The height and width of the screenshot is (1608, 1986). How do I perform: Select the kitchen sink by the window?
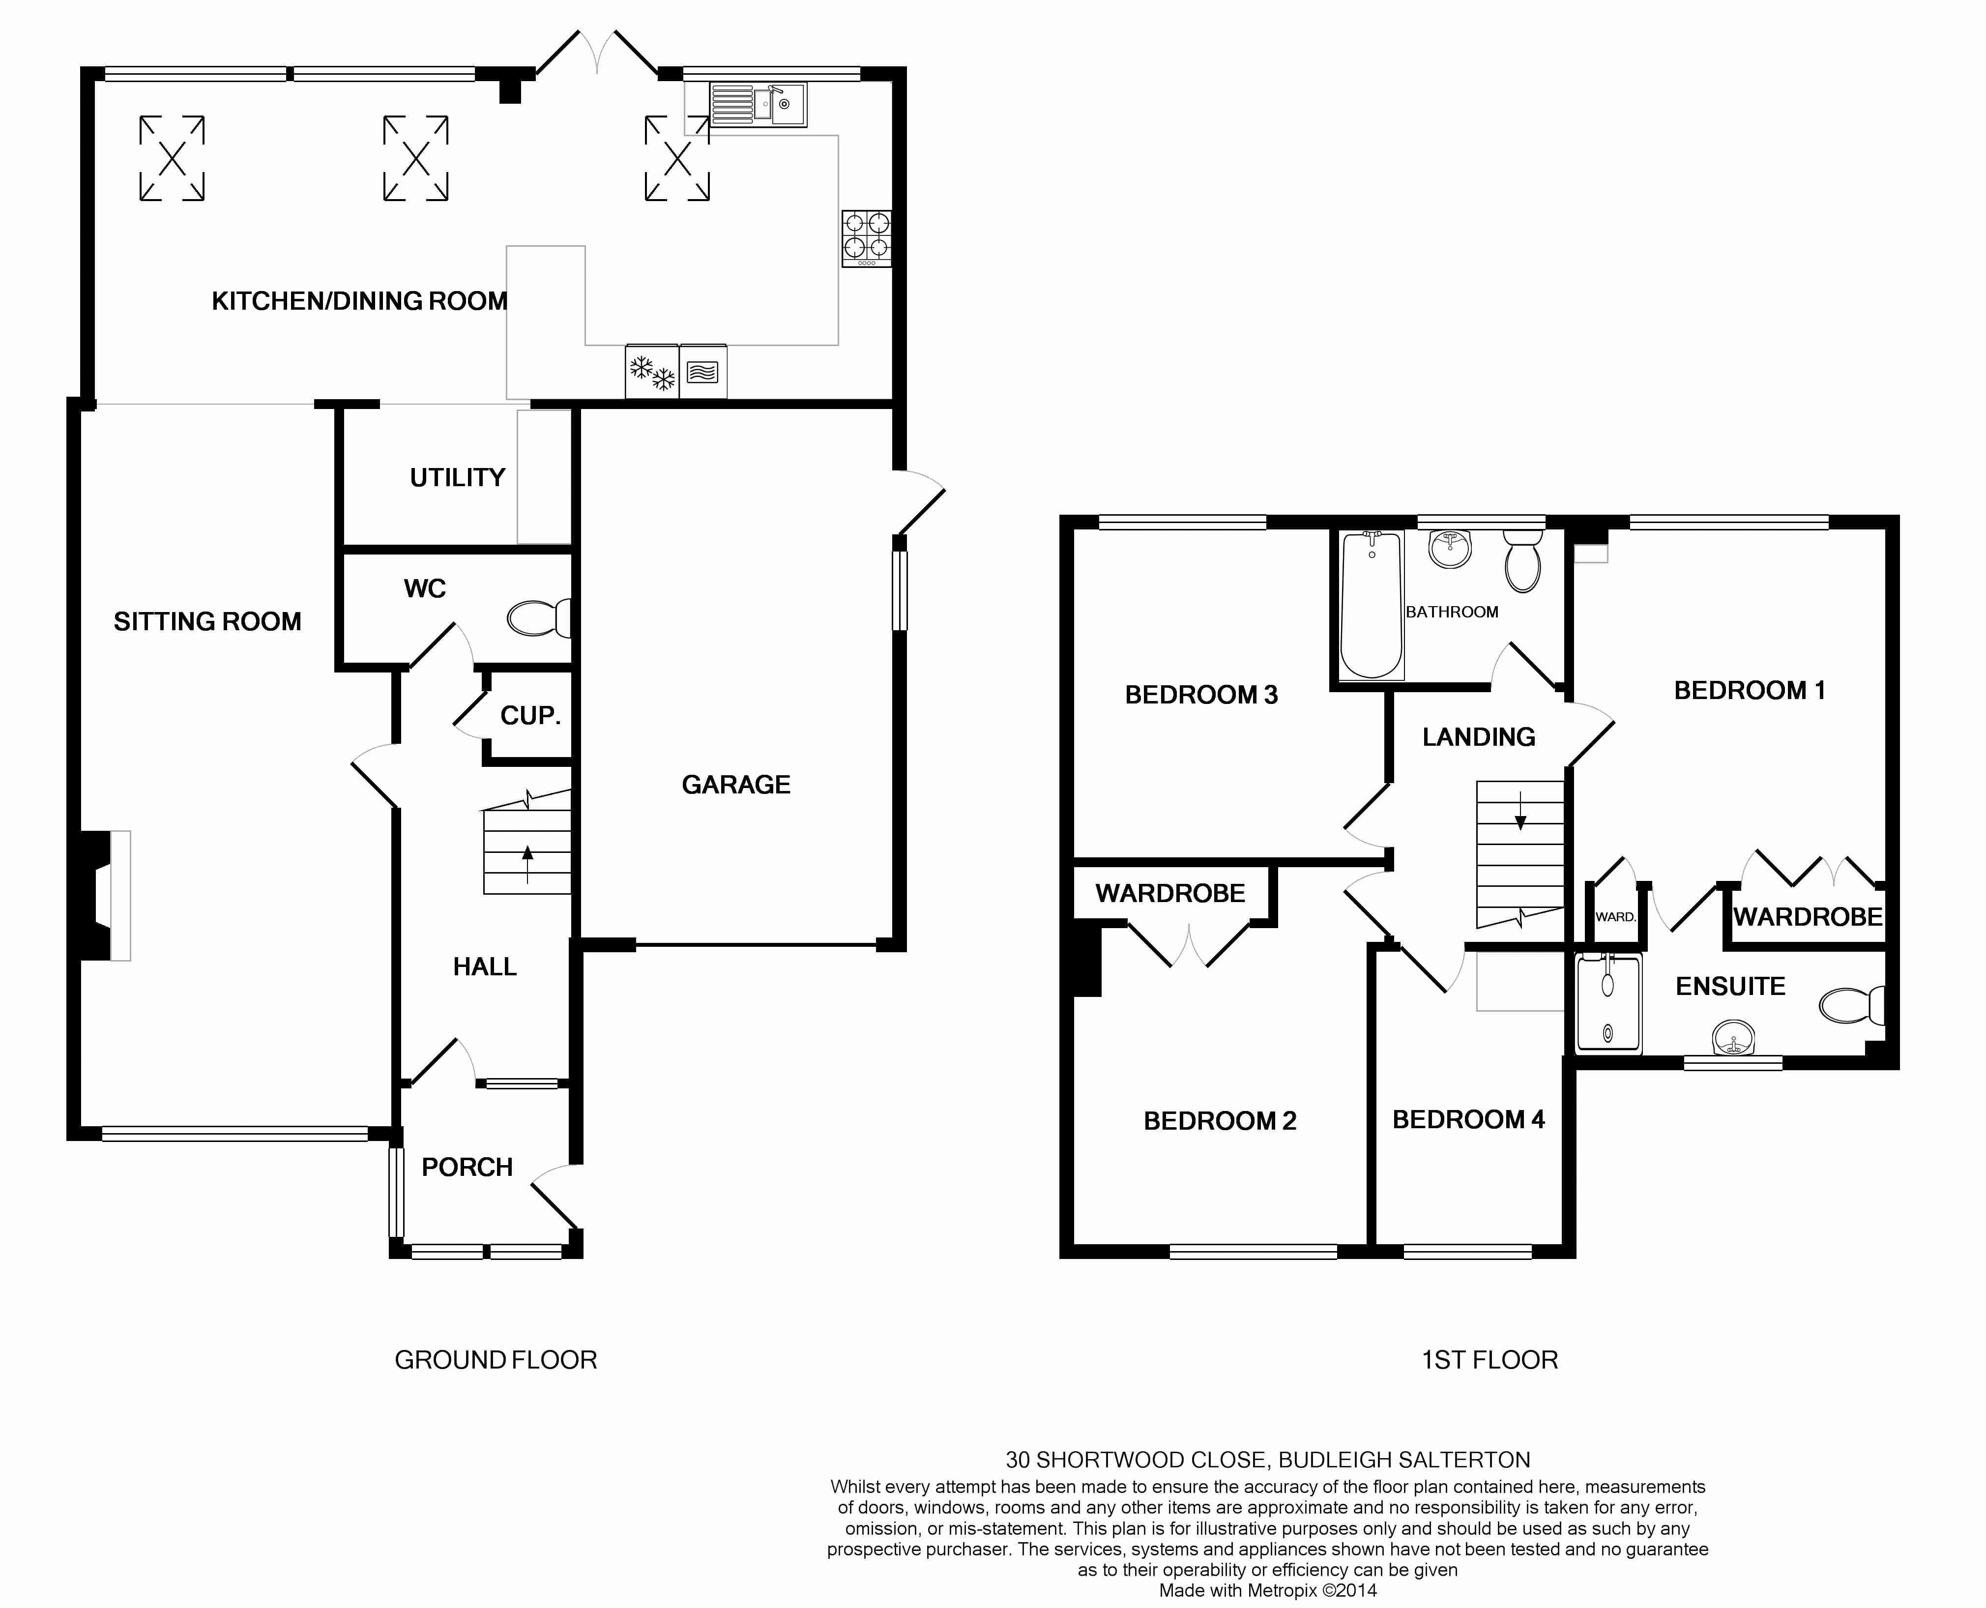pyautogui.click(x=758, y=104)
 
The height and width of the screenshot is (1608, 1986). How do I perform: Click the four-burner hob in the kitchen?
pyautogui.click(x=867, y=239)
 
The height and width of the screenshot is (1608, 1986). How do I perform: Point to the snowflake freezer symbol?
pyautogui.click(x=652, y=372)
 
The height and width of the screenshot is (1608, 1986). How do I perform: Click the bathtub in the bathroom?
pyautogui.click(x=1372, y=605)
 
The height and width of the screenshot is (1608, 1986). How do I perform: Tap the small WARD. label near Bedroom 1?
pyautogui.click(x=1615, y=917)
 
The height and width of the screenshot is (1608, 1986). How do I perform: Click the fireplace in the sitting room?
pyautogui.click(x=101, y=896)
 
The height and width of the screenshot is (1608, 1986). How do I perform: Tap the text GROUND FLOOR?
pyautogui.click(x=496, y=1360)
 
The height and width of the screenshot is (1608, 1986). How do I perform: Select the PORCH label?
pyautogui.click(x=467, y=1167)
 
